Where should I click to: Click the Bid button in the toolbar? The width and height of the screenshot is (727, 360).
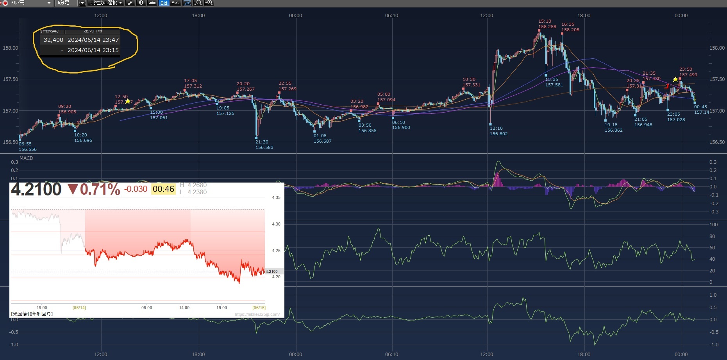(x=164, y=3)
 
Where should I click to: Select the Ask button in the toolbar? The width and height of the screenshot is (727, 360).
(x=175, y=3)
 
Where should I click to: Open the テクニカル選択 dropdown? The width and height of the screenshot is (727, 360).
(x=105, y=3)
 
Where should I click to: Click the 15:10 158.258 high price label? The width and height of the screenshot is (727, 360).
(x=547, y=24)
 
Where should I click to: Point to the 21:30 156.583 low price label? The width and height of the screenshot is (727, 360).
(x=264, y=145)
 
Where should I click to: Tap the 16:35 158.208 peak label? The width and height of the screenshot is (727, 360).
(x=570, y=27)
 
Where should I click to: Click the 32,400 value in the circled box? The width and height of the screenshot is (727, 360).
(x=54, y=40)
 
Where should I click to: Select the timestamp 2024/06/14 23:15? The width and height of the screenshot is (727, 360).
(x=93, y=50)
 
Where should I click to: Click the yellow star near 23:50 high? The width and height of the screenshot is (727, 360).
(x=675, y=79)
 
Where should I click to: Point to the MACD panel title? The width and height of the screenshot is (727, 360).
(x=26, y=158)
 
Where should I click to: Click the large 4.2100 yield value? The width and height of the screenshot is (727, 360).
(x=36, y=190)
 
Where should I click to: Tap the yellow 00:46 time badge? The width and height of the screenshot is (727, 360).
(x=163, y=189)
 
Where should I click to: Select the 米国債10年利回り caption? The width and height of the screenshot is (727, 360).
(x=32, y=314)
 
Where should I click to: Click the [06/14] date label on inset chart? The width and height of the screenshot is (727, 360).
(x=79, y=308)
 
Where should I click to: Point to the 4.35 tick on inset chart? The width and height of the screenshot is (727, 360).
(x=276, y=197)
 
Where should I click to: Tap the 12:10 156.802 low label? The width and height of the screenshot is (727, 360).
(x=498, y=131)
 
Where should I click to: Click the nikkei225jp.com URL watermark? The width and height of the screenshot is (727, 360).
(x=257, y=314)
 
